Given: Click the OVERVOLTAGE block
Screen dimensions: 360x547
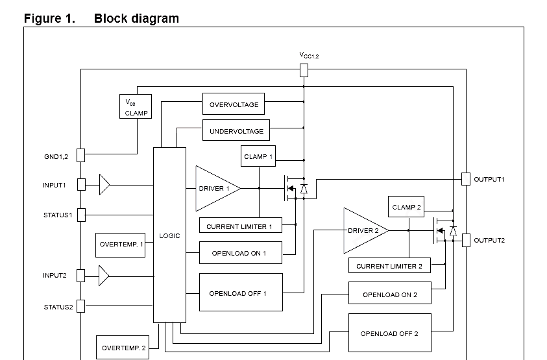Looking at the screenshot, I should [234, 104].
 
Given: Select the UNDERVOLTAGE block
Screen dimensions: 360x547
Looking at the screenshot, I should [236, 131].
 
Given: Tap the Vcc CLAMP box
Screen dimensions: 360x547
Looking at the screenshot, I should [137, 107].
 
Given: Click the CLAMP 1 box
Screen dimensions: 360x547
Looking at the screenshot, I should [258, 156].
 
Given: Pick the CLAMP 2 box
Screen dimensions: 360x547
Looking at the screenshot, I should [406, 208].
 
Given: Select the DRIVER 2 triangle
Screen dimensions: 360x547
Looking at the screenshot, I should [363, 230].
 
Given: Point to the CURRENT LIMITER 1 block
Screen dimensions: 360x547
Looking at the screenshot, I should [240, 226].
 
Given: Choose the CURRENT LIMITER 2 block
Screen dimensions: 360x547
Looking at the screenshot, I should [389, 265].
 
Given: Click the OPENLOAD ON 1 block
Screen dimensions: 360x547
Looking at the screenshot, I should [240, 253].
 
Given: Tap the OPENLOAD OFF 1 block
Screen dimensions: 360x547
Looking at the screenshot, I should [240, 293].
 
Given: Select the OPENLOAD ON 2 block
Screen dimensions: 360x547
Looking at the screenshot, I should [389, 294].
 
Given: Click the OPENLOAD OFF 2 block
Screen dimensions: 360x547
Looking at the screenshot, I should [389, 333].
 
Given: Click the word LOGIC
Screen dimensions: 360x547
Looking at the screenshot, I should [169, 235].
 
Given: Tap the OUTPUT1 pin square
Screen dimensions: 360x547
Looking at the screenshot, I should [465, 178].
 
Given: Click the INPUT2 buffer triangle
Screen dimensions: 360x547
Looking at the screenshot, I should [104, 275].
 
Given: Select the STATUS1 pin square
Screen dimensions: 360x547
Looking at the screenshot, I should [81, 213].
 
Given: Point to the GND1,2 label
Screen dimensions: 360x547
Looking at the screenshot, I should [56, 156].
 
